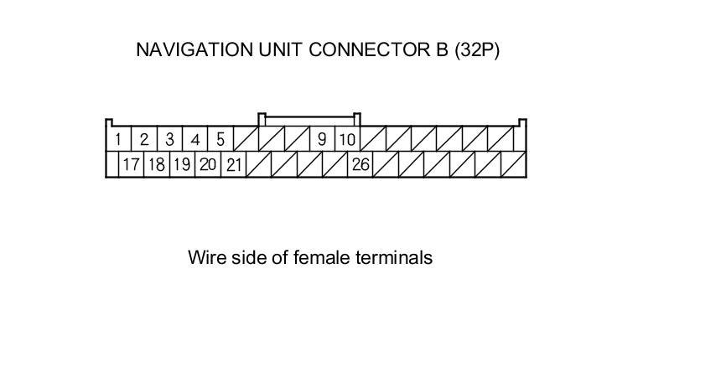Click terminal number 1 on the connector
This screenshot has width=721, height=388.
point(119,139)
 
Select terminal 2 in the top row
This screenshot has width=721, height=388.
point(144,139)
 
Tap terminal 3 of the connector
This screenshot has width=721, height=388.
point(169,139)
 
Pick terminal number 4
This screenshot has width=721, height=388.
point(195,139)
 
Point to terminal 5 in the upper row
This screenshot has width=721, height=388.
point(220,139)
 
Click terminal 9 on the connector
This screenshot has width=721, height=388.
point(322,139)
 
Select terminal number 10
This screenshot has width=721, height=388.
point(347,139)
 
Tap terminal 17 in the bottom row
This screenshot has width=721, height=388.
point(131,164)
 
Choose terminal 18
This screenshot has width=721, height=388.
point(156,164)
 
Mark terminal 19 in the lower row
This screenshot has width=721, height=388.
point(181,164)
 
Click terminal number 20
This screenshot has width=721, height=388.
point(207,164)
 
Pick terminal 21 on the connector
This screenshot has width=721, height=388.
point(233,164)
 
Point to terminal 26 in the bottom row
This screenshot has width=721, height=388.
point(360,164)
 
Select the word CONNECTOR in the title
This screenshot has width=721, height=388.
point(365,50)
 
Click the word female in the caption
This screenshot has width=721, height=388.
point(320,257)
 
